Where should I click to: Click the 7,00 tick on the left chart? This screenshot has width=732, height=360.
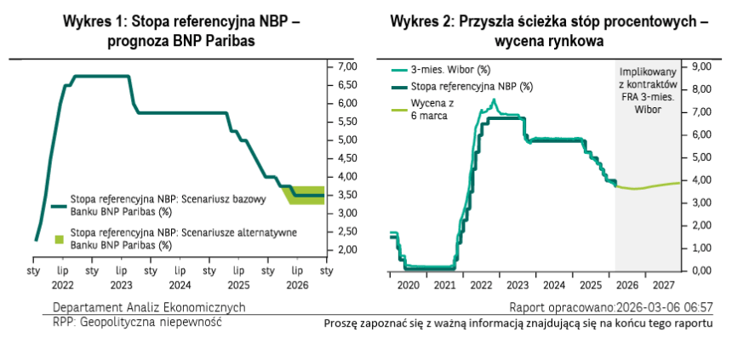(346, 66)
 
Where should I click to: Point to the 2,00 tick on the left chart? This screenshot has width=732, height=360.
(346, 250)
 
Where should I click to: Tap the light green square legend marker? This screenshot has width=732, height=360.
(59, 238)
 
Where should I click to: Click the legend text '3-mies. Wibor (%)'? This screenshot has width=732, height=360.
(451, 71)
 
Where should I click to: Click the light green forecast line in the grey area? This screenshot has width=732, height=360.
(655, 186)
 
